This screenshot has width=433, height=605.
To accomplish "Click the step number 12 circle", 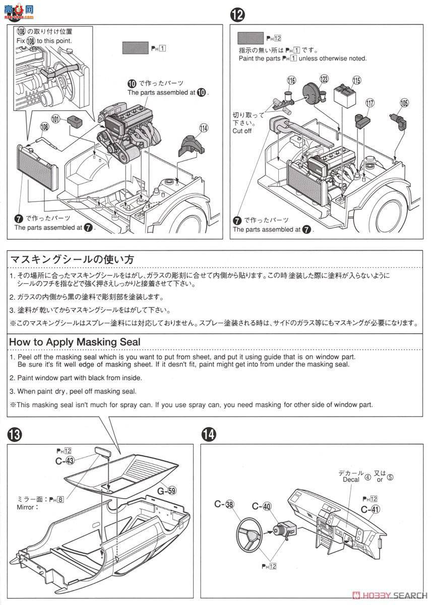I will [237, 16].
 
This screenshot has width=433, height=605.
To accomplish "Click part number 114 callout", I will [203, 128].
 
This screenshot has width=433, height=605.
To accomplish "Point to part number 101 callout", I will [56, 119].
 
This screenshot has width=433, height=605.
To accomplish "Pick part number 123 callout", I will [324, 79].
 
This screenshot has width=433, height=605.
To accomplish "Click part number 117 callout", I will [369, 103].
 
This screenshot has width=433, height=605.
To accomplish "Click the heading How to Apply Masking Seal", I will [75, 342].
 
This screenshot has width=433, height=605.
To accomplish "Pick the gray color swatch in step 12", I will [251, 38].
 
